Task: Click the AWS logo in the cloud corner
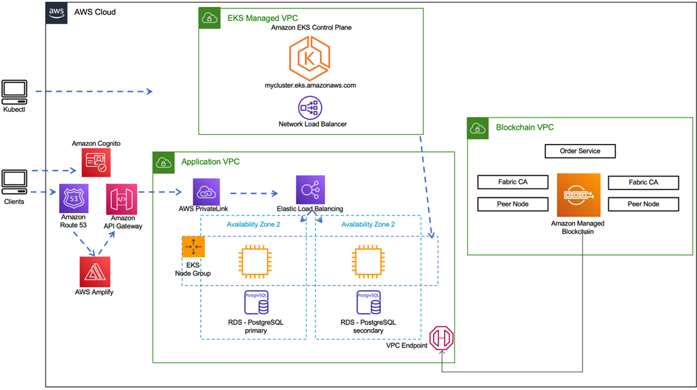(57, 13)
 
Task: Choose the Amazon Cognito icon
(96, 163)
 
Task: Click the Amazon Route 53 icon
(73, 199)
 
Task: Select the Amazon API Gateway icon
(121, 199)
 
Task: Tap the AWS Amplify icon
(95, 271)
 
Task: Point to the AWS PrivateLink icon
(207, 191)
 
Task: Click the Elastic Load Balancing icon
(310, 190)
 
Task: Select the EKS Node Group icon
(193, 247)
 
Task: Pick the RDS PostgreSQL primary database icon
(256, 303)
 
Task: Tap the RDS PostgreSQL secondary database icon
(368, 303)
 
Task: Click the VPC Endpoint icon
(442, 338)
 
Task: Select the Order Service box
(580, 152)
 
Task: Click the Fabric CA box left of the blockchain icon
(513, 182)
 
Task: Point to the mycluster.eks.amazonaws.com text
(311, 85)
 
